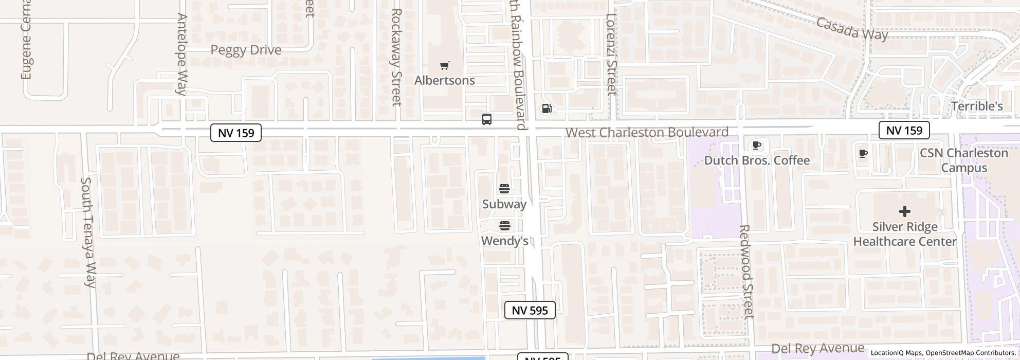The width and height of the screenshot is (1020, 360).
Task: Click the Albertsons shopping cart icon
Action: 445,65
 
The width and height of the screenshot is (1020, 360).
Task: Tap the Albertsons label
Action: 445,81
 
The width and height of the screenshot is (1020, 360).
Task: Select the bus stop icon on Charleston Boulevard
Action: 487,119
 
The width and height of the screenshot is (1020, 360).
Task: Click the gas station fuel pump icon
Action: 547,108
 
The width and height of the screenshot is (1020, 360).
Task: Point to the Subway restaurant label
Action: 504,204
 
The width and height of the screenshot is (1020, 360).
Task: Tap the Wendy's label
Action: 504,241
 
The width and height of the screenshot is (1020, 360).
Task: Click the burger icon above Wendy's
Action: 504,226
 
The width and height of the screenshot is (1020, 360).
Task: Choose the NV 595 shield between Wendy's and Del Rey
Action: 530,310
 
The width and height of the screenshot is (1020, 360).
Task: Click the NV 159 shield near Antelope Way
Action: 236,133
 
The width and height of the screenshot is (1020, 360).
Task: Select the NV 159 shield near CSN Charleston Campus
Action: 904,130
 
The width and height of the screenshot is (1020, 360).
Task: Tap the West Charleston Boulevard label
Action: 647,132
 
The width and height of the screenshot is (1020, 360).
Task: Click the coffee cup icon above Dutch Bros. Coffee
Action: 756,146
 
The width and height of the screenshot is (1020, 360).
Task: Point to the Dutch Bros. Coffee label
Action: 757,160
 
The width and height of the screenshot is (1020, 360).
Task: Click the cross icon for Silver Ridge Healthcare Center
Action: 904,211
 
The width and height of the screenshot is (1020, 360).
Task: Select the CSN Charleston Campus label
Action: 963,160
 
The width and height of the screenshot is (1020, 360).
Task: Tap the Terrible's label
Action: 977,106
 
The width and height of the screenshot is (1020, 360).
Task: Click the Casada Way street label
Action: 851,29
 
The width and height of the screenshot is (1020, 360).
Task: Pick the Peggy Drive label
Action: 246,50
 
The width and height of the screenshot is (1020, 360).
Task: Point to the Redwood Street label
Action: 745,271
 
